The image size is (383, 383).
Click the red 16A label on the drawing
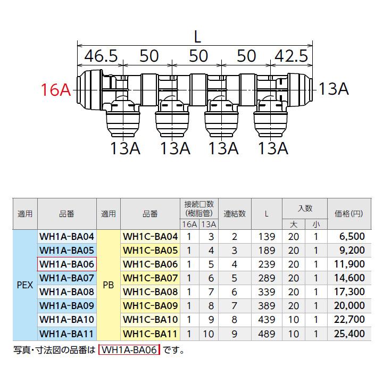pyautogui.click(x=56, y=90)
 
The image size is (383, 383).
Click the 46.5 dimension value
pyautogui.click(x=101, y=56)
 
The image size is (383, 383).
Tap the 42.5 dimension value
pyautogui.click(x=291, y=56)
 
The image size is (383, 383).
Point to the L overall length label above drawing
pyautogui.click(x=197, y=38)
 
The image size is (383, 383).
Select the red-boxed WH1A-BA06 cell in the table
pyautogui.click(x=66, y=264)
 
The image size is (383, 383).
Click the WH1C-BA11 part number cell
pyautogui.click(x=150, y=334)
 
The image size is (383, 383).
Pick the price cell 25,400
pyautogui.click(x=349, y=334)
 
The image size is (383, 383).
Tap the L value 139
pyautogui.click(x=267, y=236)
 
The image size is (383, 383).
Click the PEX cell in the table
pyautogui.click(x=25, y=285)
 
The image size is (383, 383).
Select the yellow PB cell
pyautogui.click(x=109, y=285)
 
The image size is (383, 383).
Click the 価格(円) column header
pyautogui.click(x=349, y=214)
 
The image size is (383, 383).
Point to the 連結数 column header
pyautogui.click(x=235, y=214)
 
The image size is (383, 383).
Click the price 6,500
pyautogui.click(x=352, y=236)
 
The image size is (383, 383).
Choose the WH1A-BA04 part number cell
pyautogui.click(x=66, y=236)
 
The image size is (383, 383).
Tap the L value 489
pyautogui.click(x=267, y=334)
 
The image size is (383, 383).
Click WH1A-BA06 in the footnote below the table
pyautogui.click(x=129, y=350)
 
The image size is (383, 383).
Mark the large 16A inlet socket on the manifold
pyautogui.click(x=89, y=90)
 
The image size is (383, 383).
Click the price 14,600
pyautogui.click(x=349, y=278)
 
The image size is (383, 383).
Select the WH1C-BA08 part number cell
pyautogui.click(x=150, y=292)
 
